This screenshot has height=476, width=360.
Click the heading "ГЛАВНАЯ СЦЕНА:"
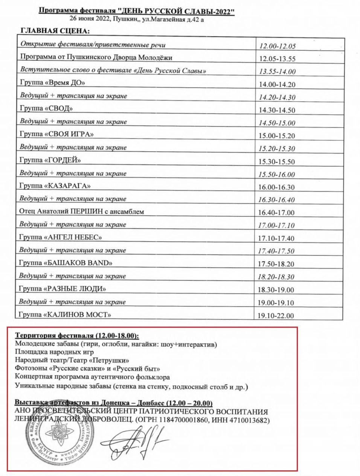pyautogui.click(x=55, y=30)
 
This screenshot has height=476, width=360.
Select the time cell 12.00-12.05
pyautogui.click(x=278, y=46)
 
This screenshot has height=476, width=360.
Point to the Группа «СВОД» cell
pyautogui.click(x=46, y=108)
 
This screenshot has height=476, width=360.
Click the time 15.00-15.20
pyautogui.click(x=277, y=136)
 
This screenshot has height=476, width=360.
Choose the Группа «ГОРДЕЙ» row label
pyautogui.click(x=50, y=160)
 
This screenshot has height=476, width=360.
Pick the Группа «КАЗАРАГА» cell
pyautogui.click(x=55, y=186)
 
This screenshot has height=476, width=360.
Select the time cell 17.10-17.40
pyautogui.click(x=276, y=238)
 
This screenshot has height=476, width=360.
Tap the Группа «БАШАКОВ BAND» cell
pyautogui.click(x=66, y=263)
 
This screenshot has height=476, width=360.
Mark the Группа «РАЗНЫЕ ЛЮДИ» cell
pyautogui.click(x=63, y=289)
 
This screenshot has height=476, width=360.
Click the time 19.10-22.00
pyautogui.click(x=276, y=316)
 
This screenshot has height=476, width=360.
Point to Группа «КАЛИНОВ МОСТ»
pyautogui.click(x=66, y=314)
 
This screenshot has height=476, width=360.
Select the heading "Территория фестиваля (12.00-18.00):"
pyautogui.click(x=77, y=335)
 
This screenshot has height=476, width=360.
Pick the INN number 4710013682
pyautogui.click(x=252, y=420)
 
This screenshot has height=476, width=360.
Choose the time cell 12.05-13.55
pyautogui.click(x=278, y=59)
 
